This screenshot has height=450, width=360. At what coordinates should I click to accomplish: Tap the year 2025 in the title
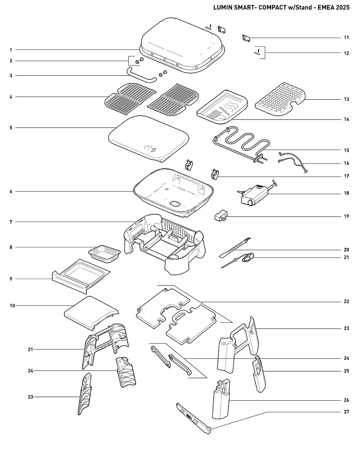(343, 7)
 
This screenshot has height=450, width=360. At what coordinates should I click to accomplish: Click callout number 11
(346, 38)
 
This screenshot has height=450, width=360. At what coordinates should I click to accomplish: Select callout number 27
(346, 412)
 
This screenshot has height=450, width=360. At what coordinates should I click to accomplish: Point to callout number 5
(11, 128)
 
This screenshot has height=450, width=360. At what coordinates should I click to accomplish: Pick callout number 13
(346, 99)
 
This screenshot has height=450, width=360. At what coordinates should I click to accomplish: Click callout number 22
(346, 301)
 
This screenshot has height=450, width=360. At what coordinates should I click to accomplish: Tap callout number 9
(11, 279)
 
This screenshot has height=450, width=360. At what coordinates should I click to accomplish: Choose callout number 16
(346, 163)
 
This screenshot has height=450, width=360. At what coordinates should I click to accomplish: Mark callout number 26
(346, 400)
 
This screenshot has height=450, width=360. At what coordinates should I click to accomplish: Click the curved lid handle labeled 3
(141, 75)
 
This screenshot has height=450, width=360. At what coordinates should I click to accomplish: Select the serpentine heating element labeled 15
(241, 144)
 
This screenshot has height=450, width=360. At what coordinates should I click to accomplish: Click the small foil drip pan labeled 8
(104, 254)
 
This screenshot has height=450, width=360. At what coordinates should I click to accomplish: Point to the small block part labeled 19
(221, 216)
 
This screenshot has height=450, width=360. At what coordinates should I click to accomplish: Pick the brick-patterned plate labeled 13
(280, 99)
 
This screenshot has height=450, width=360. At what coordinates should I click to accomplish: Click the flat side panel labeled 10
(91, 313)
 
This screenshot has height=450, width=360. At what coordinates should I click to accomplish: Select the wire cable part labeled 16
(293, 162)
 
